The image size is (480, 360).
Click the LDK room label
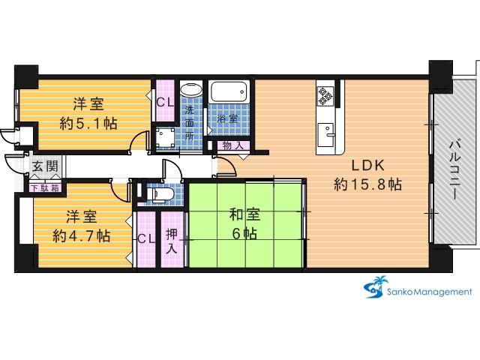point(367,166)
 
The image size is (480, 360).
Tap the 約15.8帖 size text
point(367,184)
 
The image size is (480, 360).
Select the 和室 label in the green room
point(244,214)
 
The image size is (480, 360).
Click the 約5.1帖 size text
point(88,123)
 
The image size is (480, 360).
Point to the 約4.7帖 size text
point(82,235)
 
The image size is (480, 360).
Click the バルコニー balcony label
point(457,169)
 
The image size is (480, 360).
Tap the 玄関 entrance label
point(45,166)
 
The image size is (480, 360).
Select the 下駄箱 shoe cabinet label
point(45,187)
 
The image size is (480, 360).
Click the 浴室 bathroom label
point(227,118)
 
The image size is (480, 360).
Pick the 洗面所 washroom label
point(190,123)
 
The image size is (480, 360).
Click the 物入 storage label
point(233,145)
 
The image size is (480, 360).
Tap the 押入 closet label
point(172,241)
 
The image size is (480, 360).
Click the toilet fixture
point(160,194)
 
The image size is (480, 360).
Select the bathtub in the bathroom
point(229,91)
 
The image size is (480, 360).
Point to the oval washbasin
point(191,90)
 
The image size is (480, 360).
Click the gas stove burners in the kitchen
point(325,96)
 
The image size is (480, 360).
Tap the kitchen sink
point(325,135)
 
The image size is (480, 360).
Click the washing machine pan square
point(165,137)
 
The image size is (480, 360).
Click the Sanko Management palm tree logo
point(376,287)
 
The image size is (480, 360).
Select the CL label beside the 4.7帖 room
point(146,238)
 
